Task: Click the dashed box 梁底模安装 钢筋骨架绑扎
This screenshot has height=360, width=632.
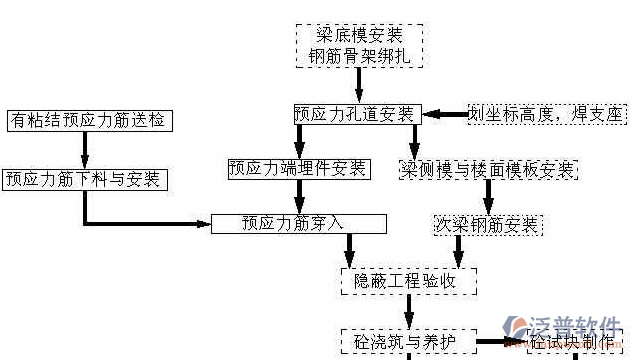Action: point(359,45)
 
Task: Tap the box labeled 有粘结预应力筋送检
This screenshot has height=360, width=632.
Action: point(87,121)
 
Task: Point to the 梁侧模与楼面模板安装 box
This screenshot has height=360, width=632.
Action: point(488,169)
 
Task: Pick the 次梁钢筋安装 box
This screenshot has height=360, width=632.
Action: point(487,222)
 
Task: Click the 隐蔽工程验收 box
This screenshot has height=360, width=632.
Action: point(405,281)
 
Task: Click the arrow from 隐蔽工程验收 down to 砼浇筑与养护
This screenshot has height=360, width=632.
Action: point(405,310)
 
